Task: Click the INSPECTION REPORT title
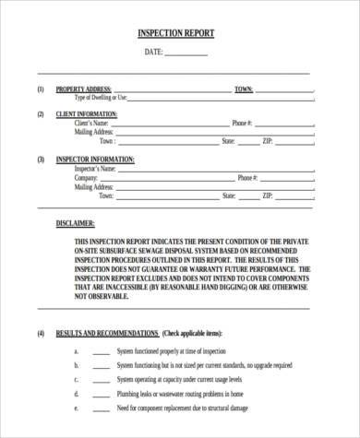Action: [x=175, y=33]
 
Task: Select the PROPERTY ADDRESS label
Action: [x=84, y=89]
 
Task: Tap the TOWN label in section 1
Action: [x=244, y=89]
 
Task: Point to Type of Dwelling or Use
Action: [x=101, y=98]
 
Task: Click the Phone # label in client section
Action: [x=242, y=123]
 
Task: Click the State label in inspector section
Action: [x=228, y=196]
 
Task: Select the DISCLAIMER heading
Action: [x=75, y=223]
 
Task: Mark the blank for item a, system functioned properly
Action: [x=100, y=352]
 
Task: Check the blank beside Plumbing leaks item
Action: [x=100, y=391]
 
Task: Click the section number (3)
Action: [x=40, y=160]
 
